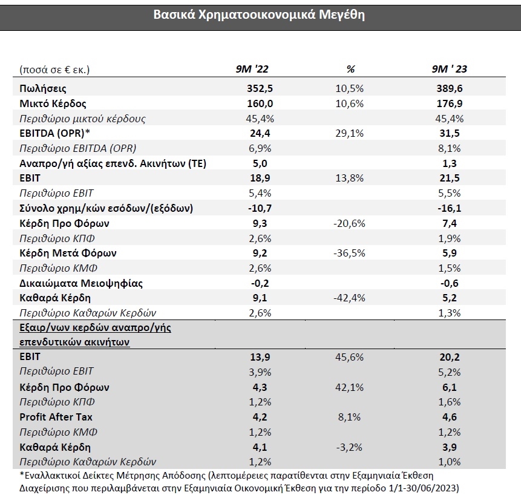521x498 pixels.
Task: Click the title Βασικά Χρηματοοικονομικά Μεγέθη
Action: point(259,15)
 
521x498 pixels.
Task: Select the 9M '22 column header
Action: point(252,69)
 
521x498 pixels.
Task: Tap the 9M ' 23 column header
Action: point(449,69)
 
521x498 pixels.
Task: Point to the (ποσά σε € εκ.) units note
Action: point(54,70)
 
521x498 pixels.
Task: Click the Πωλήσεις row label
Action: point(43,89)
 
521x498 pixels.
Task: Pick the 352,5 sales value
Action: point(260,88)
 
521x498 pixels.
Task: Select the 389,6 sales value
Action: point(450,88)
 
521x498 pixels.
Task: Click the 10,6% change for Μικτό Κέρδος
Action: point(350,103)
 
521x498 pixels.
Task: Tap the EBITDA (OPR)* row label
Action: point(55,133)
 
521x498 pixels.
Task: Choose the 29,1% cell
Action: point(350,133)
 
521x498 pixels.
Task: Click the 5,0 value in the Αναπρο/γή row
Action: point(260,163)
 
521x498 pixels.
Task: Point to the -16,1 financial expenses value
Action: point(450,208)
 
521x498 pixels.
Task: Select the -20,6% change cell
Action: point(349,223)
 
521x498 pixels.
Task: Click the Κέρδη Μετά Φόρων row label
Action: point(68,253)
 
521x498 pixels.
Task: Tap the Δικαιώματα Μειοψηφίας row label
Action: point(81,283)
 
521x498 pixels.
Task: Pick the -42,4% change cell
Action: point(349,298)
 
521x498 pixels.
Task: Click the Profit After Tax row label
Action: point(56,417)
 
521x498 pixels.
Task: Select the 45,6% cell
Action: point(350,357)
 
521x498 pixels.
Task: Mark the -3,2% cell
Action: point(349,447)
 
